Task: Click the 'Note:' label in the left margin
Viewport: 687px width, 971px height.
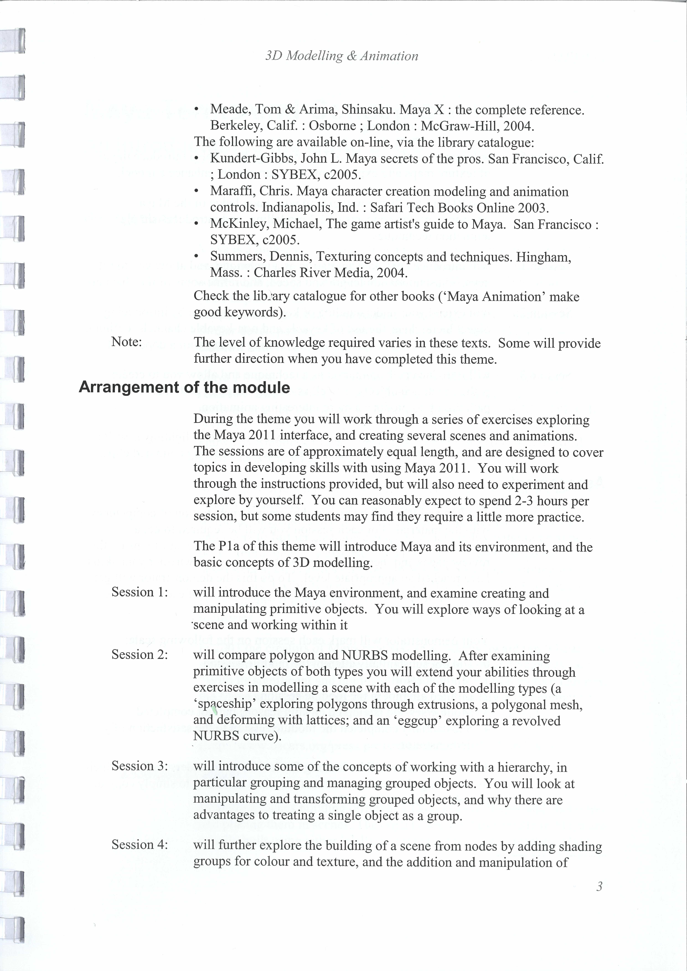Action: pos(126,342)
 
